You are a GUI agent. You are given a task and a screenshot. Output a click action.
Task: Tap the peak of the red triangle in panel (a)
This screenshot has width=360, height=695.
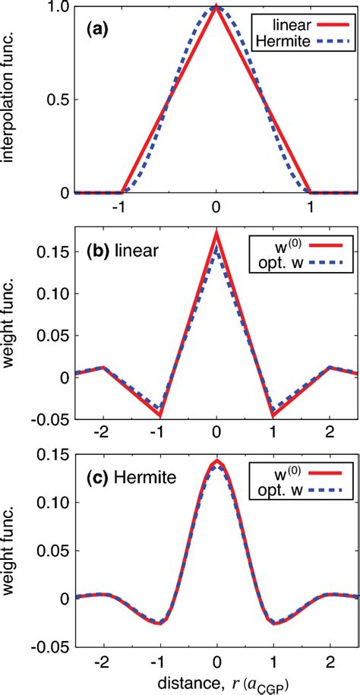coord(216,7)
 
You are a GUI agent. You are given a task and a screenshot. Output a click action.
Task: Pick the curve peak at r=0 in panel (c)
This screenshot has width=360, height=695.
coord(216,461)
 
